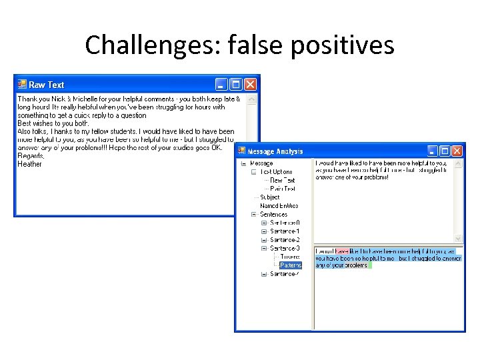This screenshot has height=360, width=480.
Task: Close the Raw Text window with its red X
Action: pyautogui.click(x=250, y=84)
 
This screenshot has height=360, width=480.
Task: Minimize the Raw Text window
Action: pyautogui.click(x=221, y=84)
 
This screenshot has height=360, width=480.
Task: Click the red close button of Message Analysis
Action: pyautogui.click(x=457, y=151)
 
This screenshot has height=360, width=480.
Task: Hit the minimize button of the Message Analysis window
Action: pyautogui.click(x=431, y=151)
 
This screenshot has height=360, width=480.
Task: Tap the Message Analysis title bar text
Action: pyautogui.click(x=275, y=152)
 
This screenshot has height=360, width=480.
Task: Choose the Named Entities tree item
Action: pyautogui.click(x=279, y=206)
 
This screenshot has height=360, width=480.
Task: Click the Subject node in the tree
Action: pyautogui.click(x=270, y=197)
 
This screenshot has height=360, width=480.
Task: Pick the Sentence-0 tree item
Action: pyautogui.click(x=285, y=223)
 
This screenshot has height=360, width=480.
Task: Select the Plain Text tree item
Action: pyautogui.click(x=283, y=189)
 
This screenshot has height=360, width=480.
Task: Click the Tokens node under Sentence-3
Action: pyautogui.click(x=290, y=257)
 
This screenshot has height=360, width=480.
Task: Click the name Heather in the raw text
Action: pyautogui.click(x=29, y=164)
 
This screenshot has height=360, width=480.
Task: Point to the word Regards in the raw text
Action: pyautogui.click(x=30, y=156)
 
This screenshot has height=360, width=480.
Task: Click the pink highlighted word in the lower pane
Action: pyautogui.click(x=341, y=251)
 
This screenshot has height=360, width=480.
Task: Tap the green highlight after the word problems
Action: pyautogui.click(x=370, y=265)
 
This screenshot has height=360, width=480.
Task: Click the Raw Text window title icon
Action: pyautogui.click(x=21, y=85)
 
